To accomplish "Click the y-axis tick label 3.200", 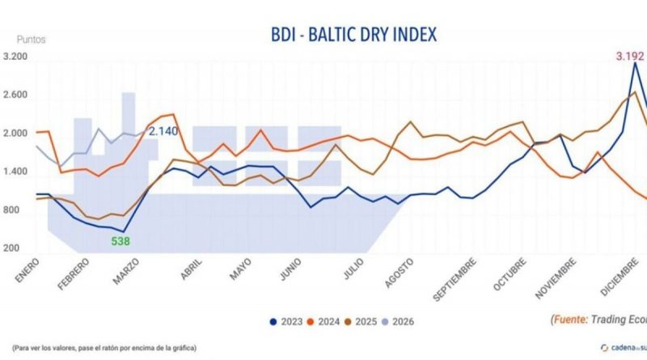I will point(15,57).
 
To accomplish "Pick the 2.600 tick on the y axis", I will point(15,95).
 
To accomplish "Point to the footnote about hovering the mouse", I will point(101,349).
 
